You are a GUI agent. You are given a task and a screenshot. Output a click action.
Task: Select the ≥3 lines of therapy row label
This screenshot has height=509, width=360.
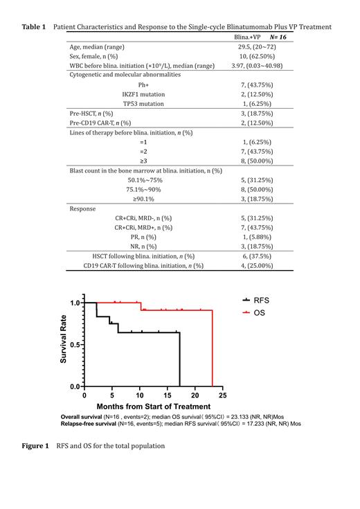(143, 161)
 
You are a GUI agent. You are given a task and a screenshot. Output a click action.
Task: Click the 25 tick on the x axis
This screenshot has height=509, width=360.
(223, 396)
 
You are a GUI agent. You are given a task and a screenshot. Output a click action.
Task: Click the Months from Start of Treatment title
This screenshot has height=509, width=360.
(153, 407)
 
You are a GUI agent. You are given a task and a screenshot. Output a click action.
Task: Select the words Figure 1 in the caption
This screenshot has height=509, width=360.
(35, 445)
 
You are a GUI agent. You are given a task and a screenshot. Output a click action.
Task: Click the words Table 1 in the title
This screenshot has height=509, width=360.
(34, 26)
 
